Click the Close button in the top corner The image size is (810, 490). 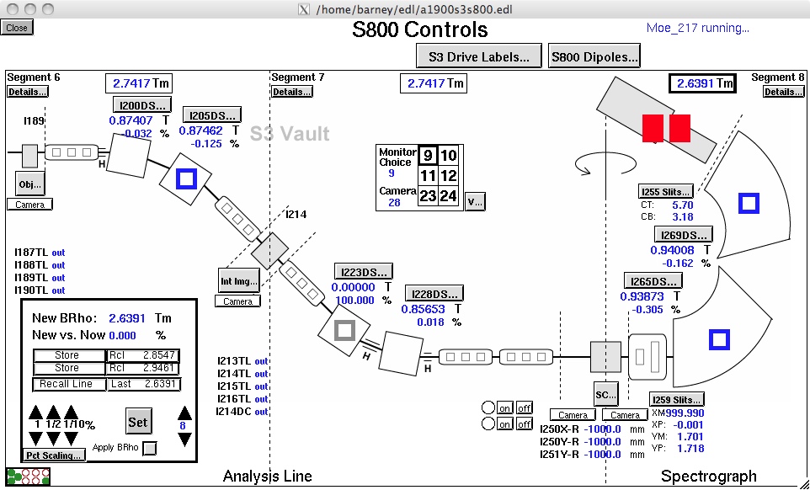[16, 28]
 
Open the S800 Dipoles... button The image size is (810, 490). [594, 56]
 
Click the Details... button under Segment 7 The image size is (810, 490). [290, 92]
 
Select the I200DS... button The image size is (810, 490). [141, 105]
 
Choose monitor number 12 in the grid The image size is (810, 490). [450, 175]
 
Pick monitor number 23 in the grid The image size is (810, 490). [428, 196]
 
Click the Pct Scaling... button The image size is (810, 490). [54, 455]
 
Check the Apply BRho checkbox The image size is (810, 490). [150, 448]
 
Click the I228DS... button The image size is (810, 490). [434, 294]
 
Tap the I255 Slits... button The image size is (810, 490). [665, 192]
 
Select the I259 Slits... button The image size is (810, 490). [676, 399]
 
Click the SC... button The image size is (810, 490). [605, 393]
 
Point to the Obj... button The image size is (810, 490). [30, 183]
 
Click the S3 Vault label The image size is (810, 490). [290, 133]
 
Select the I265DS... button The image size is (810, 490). [652, 281]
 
